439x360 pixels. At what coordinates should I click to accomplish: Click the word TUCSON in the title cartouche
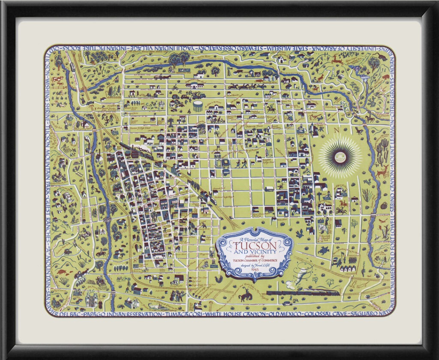[x=255, y=246]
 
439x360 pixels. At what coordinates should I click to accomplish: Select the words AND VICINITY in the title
[x=255, y=253]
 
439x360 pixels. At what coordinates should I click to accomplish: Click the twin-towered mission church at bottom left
[x=92, y=297]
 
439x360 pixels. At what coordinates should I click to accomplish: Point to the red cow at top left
[x=57, y=79]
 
